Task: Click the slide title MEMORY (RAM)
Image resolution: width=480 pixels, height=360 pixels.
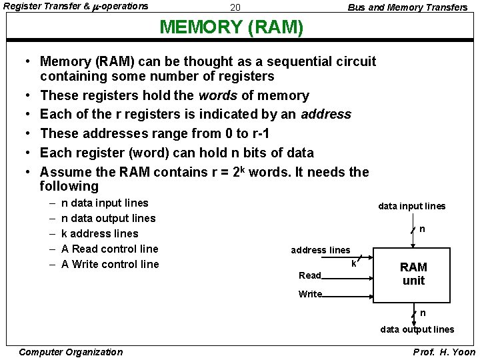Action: click(x=232, y=28)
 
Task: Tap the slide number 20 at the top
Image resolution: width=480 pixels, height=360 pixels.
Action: click(x=235, y=7)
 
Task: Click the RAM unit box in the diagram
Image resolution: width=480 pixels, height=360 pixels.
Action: click(x=413, y=273)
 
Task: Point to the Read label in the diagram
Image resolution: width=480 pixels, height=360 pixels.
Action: click(x=310, y=275)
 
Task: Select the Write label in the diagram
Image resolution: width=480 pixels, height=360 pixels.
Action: click(x=310, y=294)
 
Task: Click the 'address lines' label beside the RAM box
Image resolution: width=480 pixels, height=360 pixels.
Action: click(x=320, y=250)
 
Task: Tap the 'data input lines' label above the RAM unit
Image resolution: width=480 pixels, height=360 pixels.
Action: click(x=412, y=206)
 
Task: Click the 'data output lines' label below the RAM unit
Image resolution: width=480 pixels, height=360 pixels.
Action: click(x=417, y=329)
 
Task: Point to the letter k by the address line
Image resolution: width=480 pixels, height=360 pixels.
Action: click(x=353, y=264)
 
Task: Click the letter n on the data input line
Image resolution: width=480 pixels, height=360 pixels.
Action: click(x=422, y=229)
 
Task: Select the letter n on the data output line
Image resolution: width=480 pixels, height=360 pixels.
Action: click(x=423, y=313)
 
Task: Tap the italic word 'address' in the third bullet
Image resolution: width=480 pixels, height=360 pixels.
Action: click(x=326, y=114)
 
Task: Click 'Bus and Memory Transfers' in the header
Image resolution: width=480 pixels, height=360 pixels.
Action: click(x=407, y=7)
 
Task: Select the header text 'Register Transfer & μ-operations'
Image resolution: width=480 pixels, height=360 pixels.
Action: click(x=77, y=7)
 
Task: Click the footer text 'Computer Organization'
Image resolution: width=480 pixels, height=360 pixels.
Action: click(x=71, y=352)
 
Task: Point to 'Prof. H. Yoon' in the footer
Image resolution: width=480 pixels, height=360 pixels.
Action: click(x=444, y=352)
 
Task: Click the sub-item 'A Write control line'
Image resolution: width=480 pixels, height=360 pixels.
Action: click(x=110, y=264)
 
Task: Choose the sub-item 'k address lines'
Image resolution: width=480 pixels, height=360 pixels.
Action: click(x=99, y=233)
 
